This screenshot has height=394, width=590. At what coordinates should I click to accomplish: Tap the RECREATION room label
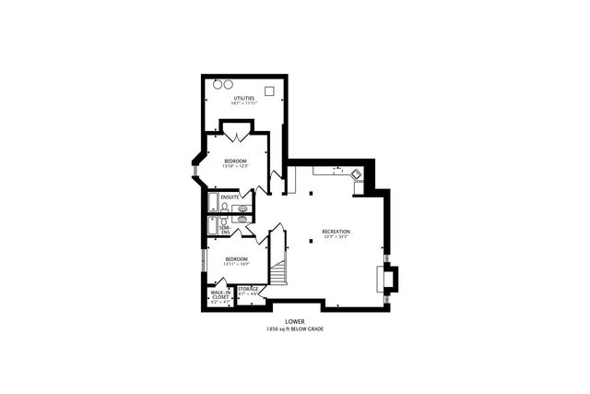point(336,231)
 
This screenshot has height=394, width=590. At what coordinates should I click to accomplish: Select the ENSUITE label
point(230,197)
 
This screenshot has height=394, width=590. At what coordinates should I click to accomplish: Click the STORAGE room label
point(248,289)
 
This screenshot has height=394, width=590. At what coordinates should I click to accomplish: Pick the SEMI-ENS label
point(224,228)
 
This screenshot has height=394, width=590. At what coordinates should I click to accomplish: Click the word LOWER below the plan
point(295,322)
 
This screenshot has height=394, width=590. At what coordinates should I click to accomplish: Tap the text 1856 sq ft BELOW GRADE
point(295,329)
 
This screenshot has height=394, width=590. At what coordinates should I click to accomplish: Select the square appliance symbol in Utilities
point(268,91)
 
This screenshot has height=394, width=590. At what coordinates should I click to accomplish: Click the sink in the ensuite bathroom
point(243,209)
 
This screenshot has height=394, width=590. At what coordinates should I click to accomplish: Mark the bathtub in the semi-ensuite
point(213,226)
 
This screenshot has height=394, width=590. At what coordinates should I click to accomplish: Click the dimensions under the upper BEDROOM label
point(234,166)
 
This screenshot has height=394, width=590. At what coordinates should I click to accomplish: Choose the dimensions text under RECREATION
point(336,237)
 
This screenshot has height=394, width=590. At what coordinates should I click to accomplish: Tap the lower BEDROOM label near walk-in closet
point(237,258)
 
